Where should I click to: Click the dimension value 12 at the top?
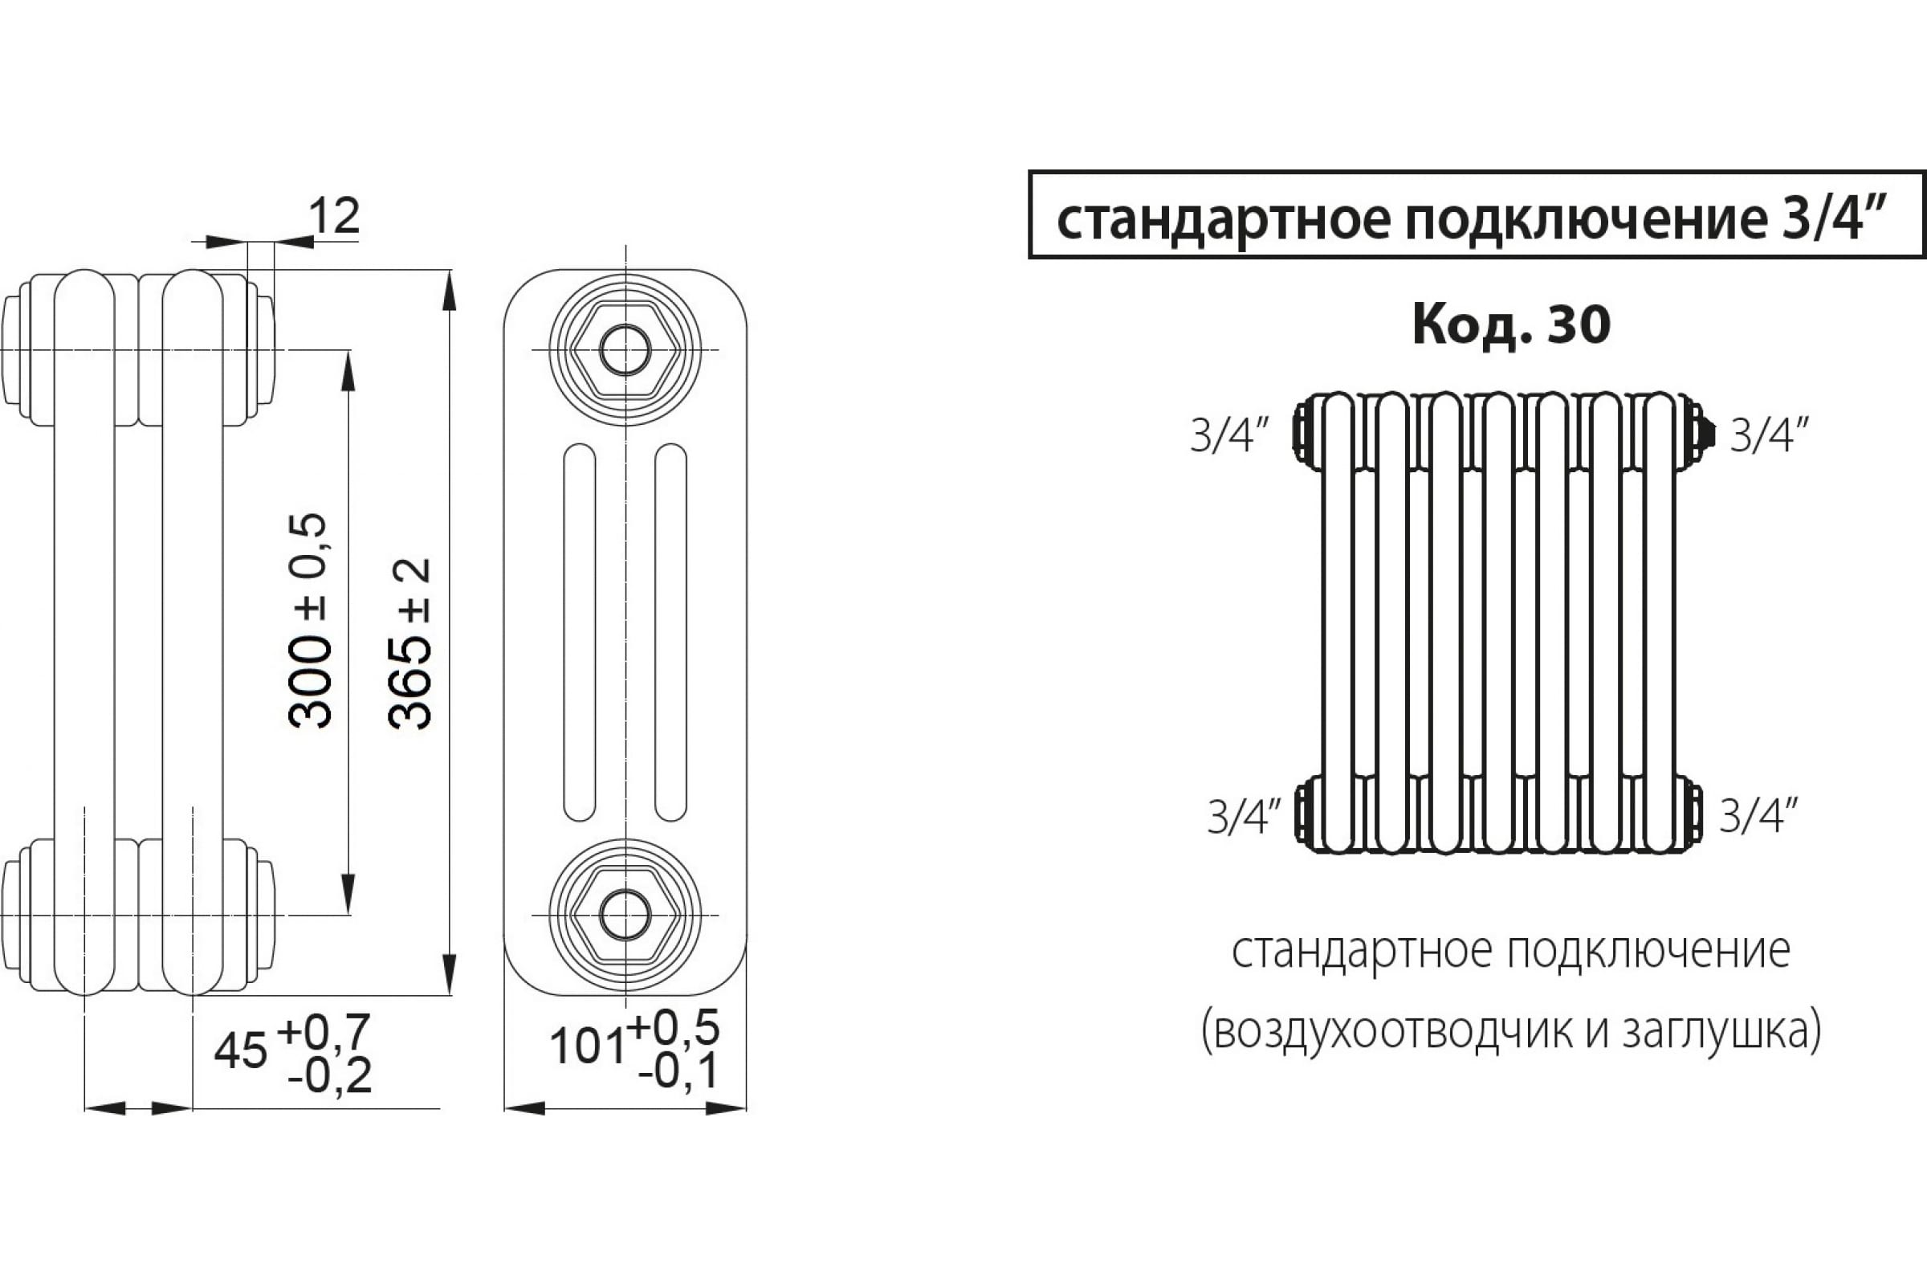tap(334, 216)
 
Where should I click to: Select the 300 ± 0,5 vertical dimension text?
tap(311, 620)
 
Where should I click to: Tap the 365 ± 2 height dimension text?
tap(409, 643)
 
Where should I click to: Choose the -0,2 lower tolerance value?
tap(329, 1075)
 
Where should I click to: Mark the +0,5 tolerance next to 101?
tap(674, 1027)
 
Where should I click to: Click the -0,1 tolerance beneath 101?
tap(679, 1071)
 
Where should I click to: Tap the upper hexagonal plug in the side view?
tap(625, 350)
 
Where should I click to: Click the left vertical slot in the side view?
tap(580, 632)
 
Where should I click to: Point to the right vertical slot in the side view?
tap(671, 632)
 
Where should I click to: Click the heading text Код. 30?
tap(1512, 324)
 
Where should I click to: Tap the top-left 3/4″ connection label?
tap(1230, 434)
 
